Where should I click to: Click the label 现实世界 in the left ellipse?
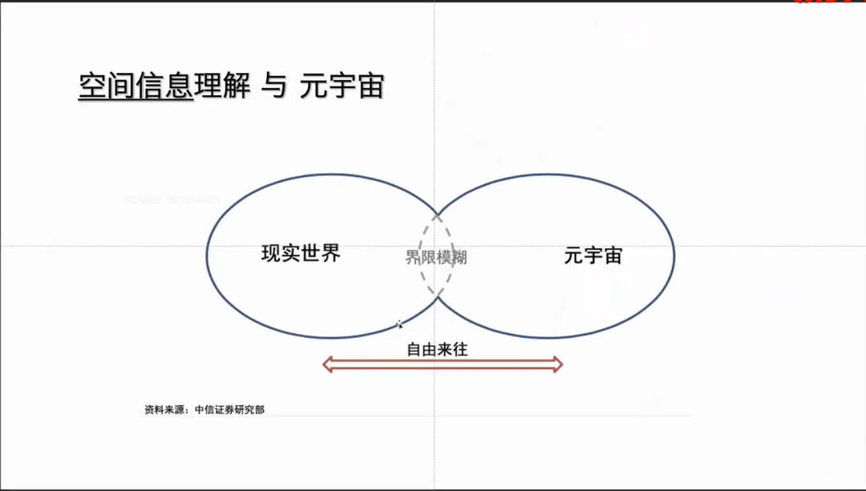pos(301,254)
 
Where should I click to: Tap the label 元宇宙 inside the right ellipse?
pos(593,256)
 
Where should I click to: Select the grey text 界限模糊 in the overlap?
pos(436,257)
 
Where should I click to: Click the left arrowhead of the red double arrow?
pos(328,365)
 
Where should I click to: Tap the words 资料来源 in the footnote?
pos(164,410)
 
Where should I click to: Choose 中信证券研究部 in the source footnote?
pos(229,410)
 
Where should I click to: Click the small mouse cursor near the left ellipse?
pos(399,324)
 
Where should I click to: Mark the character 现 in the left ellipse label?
pos(271,254)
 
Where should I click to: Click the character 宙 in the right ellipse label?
pos(613,256)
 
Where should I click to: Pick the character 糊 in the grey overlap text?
pos(459,257)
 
